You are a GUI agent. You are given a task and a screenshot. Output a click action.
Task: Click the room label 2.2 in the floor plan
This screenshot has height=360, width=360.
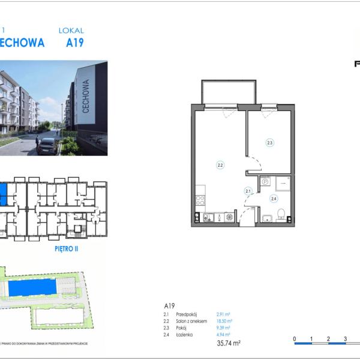pyautogui.click(x=220, y=164)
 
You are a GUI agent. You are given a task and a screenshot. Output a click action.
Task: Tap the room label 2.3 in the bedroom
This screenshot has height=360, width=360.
pyautogui.click(x=270, y=143)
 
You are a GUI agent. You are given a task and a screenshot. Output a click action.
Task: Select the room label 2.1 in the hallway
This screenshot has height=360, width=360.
pyautogui.click(x=247, y=191)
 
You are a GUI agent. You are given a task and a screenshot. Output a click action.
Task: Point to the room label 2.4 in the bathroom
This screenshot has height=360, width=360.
pyautogui.click(x=274, y=199)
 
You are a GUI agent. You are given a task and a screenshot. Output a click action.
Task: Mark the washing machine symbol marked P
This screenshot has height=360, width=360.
pyautogui.click(x=265, y=181)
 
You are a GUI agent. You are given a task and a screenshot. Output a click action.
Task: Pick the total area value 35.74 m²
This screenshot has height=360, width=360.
pyautogui.click(x=228, y=344)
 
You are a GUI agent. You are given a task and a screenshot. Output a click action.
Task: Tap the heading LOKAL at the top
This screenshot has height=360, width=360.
pyautogui.click(x=71, y=30)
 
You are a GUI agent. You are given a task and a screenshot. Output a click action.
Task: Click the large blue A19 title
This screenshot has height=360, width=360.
pyautogui.click(x=74, y=43)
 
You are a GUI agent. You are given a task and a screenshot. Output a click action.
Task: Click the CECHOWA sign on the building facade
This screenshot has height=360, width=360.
pyautogui.click(x=86, y=101)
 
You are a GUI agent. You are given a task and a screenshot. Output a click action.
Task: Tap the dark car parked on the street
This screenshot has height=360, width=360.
pyautogui.click(x=47, y=145)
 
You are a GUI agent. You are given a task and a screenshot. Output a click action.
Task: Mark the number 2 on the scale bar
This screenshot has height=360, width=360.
pyautogui.click(x=328, y=339)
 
